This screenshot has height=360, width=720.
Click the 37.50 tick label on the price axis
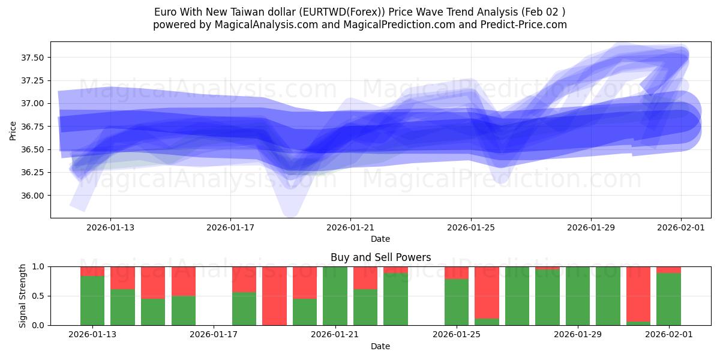(34, 58)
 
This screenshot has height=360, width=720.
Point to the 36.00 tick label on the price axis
(34, 196)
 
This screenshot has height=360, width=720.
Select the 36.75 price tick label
(34, 127)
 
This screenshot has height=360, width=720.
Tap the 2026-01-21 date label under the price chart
(350, 227)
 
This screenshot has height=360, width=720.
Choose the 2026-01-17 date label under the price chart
(230, 227)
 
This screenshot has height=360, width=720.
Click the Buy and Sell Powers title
(380, 257)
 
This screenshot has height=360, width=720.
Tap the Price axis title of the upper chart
(13, 130)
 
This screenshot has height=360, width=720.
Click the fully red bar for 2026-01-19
(274, 296)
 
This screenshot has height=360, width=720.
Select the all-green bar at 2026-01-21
(335, 296)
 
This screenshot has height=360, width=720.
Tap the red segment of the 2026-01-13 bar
(92, 271)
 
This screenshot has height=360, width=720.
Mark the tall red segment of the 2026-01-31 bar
(638, 293)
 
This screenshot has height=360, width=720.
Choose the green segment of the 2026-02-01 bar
(668, 299)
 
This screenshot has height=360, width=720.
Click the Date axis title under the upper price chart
(380, 239)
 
